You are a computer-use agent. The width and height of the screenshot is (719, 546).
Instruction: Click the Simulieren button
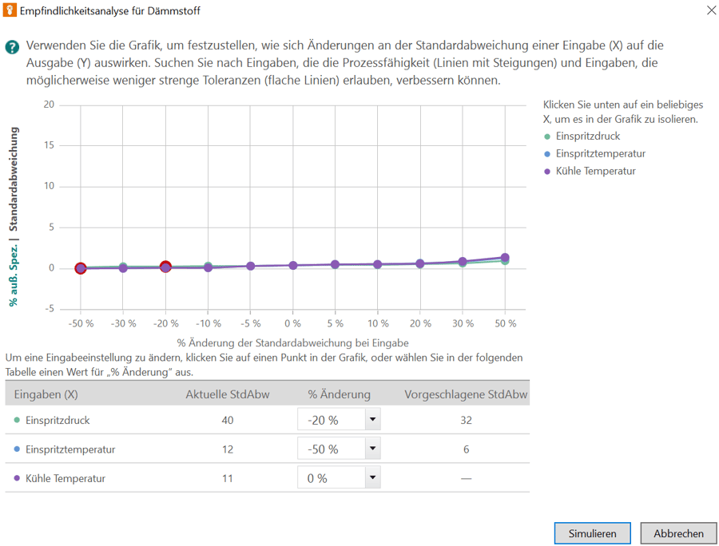tap(592, 533)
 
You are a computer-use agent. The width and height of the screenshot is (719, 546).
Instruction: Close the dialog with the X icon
tap(711, 11)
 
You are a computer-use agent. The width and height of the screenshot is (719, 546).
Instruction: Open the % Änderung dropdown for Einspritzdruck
tap(372, 420)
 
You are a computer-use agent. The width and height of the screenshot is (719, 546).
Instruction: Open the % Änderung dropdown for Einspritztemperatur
tap(372, 449)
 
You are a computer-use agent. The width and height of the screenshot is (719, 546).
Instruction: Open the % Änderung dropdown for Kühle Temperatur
tap(372, 478)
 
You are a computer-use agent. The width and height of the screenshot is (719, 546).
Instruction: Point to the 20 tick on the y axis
tap(50, 105)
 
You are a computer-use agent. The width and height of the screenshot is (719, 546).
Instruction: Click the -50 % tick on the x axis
tap(81, 323)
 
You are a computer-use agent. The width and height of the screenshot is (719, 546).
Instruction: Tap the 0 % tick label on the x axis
tap(292, 323)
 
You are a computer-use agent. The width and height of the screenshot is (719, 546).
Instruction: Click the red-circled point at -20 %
tap(165, 267)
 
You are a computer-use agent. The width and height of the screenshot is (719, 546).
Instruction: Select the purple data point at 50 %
tap(504, 258)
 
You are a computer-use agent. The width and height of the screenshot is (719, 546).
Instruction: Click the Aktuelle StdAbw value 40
tap(228, 420)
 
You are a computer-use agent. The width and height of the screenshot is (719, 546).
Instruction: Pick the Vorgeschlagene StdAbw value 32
tap(466, 420)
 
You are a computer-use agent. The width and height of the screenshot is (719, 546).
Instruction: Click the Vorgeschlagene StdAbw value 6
tap(466, 449)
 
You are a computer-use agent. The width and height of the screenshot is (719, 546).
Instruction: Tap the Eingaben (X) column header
tap(46, 394)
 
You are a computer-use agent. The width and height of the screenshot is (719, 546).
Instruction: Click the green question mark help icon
tap(12, 47)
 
